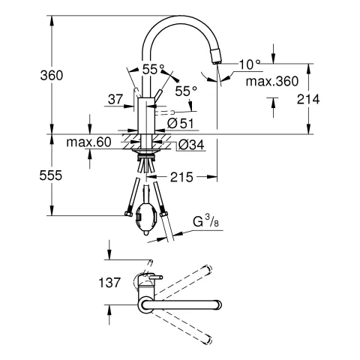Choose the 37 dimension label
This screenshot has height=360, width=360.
click(x=115, y=98)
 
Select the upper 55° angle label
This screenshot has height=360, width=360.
click(x=154, y=69)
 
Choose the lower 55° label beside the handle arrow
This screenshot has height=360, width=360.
click(x=185, y=90)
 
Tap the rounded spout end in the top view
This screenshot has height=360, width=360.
click(x=216, y=306)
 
